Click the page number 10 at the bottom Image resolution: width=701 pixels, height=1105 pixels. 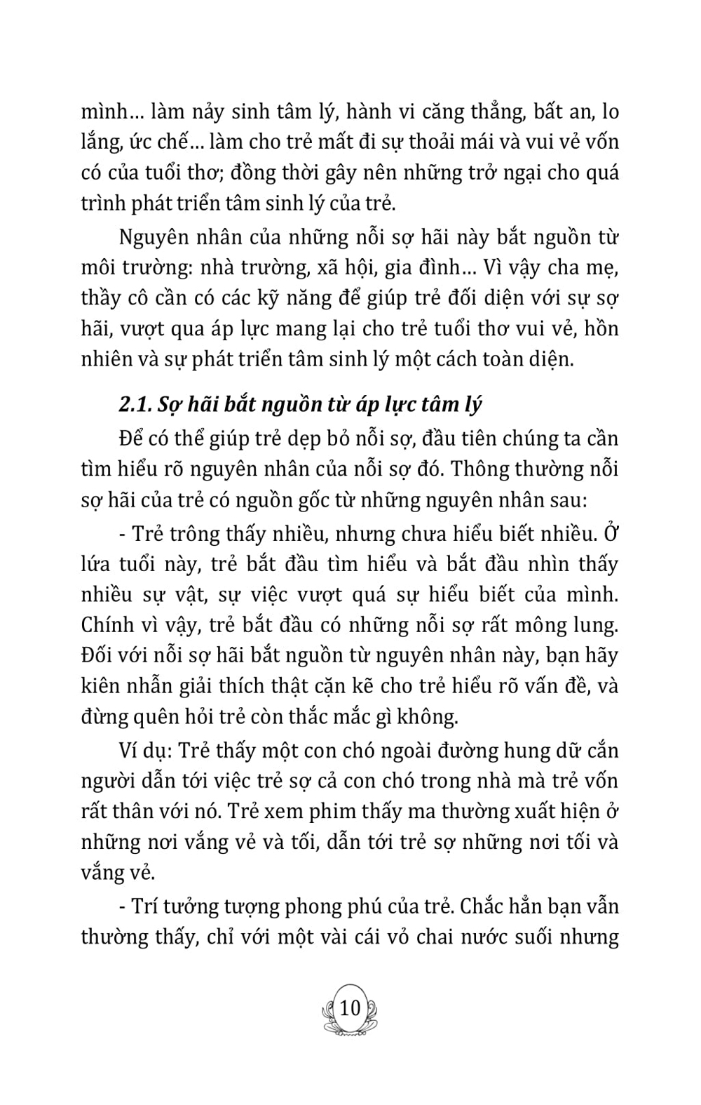coord(349,1008)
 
